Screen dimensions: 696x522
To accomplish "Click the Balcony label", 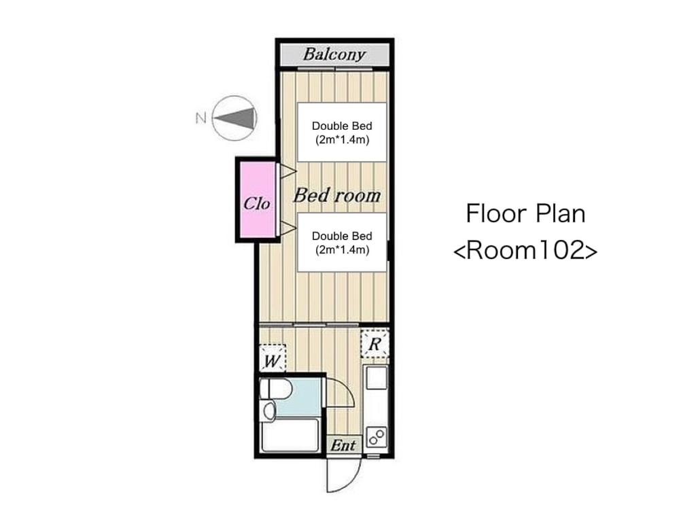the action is [334, 54].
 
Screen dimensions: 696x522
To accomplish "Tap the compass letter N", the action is [201, 118].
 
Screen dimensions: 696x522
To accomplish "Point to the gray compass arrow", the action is [235, 118].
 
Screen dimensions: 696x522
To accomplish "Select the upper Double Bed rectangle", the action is [342, 133].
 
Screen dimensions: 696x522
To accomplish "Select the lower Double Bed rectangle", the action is [342, 243].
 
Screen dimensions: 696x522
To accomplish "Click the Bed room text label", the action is [337, 195].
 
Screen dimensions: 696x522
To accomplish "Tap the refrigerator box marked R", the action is [375, 343].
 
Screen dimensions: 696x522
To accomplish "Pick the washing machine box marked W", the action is [272, 359].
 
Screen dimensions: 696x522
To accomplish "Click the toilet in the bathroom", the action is [275, 389].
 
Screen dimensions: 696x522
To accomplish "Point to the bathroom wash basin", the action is [269, 410].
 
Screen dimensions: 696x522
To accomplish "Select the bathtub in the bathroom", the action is [290, 435].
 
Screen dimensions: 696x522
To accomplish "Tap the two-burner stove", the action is [376, 436].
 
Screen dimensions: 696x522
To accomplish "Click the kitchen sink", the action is [376, 378].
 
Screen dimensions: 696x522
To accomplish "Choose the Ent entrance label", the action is [343, 445].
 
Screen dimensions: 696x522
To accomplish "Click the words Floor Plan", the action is [525, 213].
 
